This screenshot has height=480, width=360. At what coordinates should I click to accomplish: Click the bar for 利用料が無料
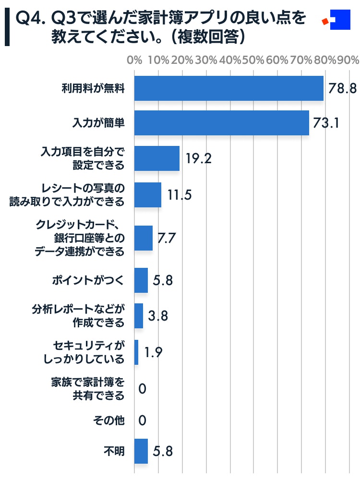tap(228, 88)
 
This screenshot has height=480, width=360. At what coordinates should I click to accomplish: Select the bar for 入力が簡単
tap(221, 123)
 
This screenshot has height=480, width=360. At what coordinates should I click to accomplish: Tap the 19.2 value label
tap(199, 159)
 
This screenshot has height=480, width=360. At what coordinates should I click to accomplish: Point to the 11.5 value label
tap(180, 195)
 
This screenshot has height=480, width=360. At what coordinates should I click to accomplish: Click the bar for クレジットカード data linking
tap(143, 238)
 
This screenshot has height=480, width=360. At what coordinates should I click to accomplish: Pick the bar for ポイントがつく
tap(141, 280)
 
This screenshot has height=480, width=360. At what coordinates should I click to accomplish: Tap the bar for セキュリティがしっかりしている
tap(136, 352)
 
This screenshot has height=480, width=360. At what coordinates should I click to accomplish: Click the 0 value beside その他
tap(142, 421)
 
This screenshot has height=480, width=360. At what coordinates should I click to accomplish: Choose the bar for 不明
tap(141, 451)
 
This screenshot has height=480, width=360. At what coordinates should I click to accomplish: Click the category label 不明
tap(114, 451)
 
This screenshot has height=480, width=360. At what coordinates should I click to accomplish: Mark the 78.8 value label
tap(342, 88)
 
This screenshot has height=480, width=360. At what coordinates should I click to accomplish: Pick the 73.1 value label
tap(326, 123)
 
